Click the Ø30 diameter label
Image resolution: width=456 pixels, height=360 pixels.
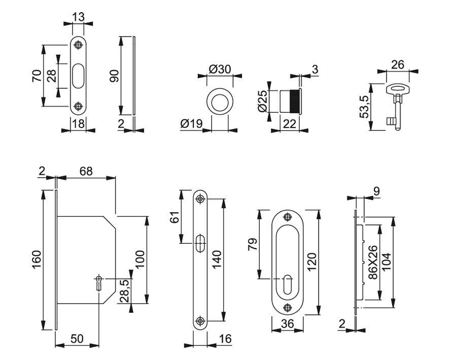[x=220, y=69]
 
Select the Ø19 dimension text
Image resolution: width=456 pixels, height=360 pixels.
[x=191, y=123]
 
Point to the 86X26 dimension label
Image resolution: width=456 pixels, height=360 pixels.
[x=373, y=262]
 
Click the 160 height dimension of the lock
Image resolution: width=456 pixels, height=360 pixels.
[x=37, y=259]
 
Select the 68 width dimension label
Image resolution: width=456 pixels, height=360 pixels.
[x=86, y=171]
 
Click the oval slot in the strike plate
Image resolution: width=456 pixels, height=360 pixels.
[x=78, y=76]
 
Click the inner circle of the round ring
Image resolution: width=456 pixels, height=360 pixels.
[x=220, y=100]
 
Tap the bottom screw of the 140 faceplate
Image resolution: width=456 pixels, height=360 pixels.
[x=201, y=320]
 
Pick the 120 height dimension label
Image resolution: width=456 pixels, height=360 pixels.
[x=312, y=261]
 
